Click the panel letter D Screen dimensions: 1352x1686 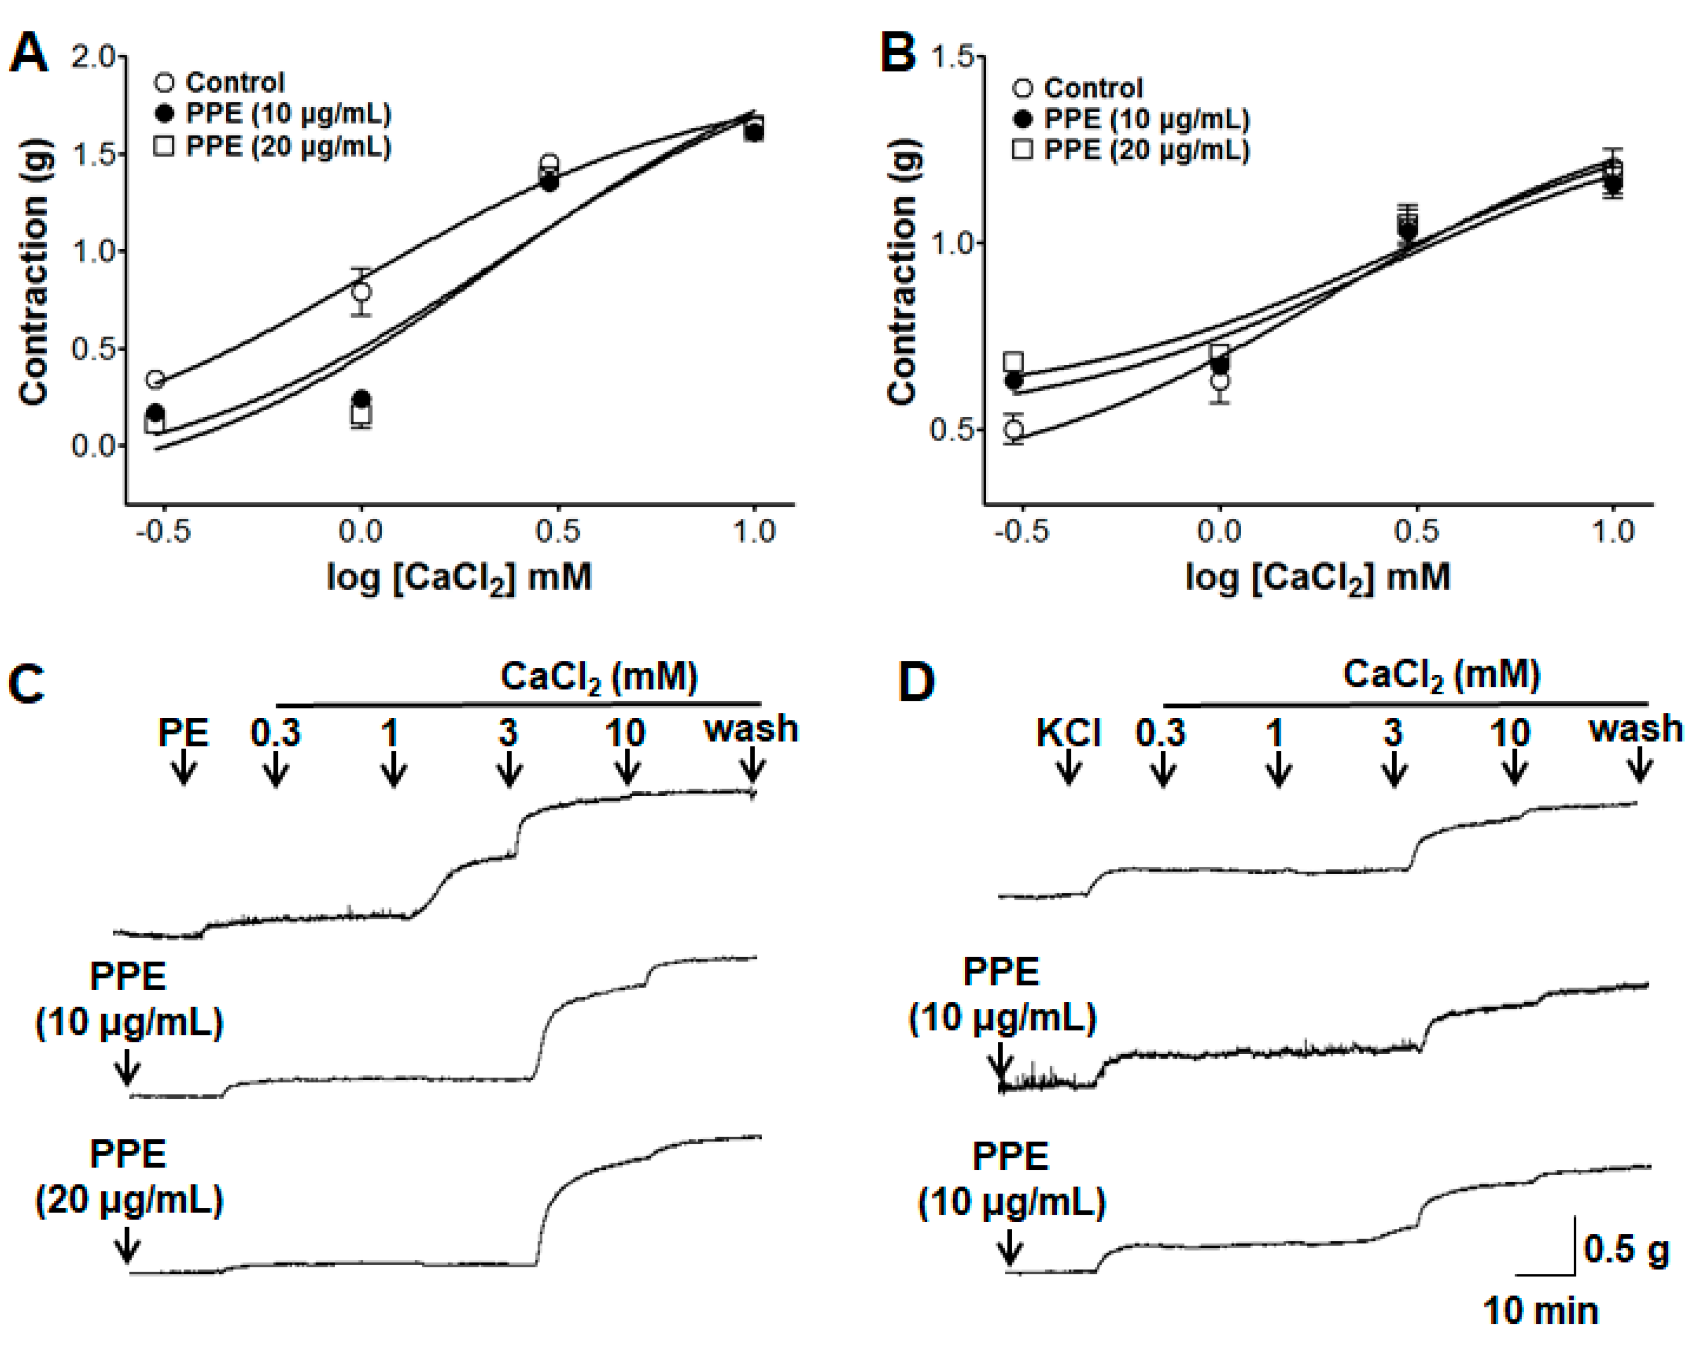tap(916, 682)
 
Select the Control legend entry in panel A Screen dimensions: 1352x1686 tap(220, 82)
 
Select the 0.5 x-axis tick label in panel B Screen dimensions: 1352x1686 tap(1416, 532)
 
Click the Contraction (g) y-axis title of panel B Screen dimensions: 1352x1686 tap(903, 271)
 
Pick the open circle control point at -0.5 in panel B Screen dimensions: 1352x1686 tap(1013, 429)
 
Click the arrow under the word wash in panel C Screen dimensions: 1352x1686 tap(753, 765)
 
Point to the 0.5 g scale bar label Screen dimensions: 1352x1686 tap(1625, 1248)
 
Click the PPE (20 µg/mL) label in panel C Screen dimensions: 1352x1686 tap(129, 1177)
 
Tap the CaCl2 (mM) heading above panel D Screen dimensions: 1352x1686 tap(1441, 675)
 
